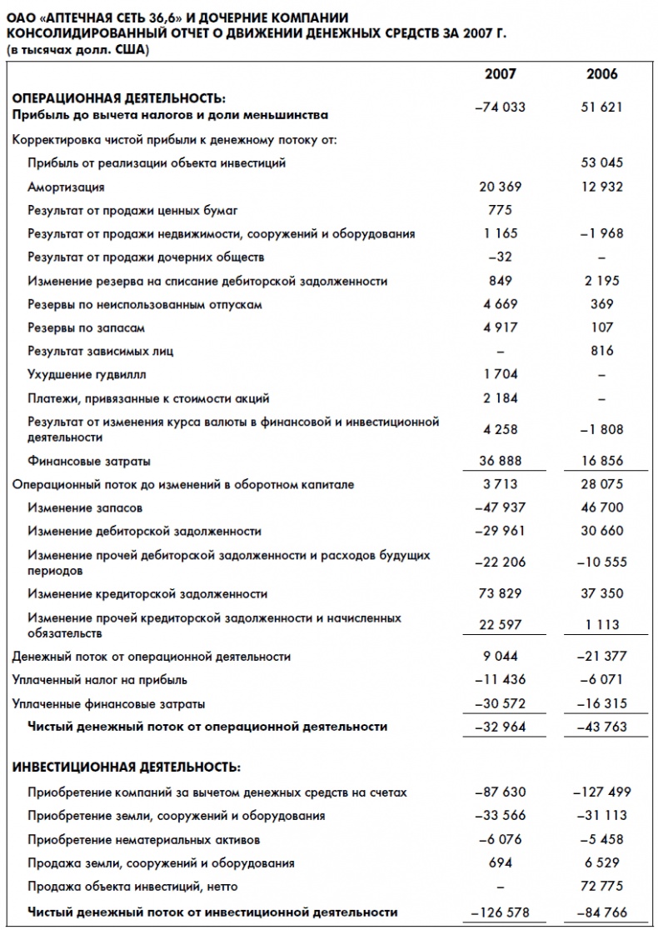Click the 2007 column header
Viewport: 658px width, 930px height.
[500, 74]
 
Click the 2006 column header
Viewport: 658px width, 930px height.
[601, 74]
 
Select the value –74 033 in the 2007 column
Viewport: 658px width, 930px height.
[500, 107]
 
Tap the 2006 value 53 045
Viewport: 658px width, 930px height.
[601, 162]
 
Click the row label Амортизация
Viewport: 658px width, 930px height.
[66, 187]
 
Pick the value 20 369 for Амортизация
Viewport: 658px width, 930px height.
[500, 187]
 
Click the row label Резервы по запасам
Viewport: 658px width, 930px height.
[80, 328]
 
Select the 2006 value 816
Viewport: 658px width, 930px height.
[601, 351]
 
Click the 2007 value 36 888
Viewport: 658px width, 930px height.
[500, 461]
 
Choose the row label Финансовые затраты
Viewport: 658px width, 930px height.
[89, 461]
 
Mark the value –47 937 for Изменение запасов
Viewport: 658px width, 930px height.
[500, 507]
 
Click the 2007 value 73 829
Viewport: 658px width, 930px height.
[500, 593]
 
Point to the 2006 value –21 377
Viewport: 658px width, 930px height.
[601, 657]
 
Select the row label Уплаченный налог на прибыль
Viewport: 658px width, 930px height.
[100, 680]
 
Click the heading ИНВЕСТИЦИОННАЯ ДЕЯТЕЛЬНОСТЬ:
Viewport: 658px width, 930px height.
[127, 766]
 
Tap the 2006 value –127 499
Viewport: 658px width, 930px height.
[601, 792]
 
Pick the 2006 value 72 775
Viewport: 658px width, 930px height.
[601, 886]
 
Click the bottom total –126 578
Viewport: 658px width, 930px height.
[500, 912]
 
